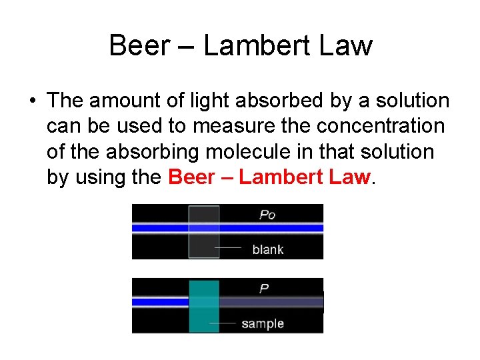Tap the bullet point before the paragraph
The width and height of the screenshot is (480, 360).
[32, 101]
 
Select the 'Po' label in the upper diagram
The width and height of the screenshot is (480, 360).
[267, 215]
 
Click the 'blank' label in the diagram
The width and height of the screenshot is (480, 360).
[267, 249]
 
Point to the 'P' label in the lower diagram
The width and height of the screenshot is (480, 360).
[264, 289]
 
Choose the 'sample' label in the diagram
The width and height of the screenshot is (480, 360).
[262, 324]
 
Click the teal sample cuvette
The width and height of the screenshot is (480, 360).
[203, 305]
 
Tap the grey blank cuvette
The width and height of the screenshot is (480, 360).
[203, 231]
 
